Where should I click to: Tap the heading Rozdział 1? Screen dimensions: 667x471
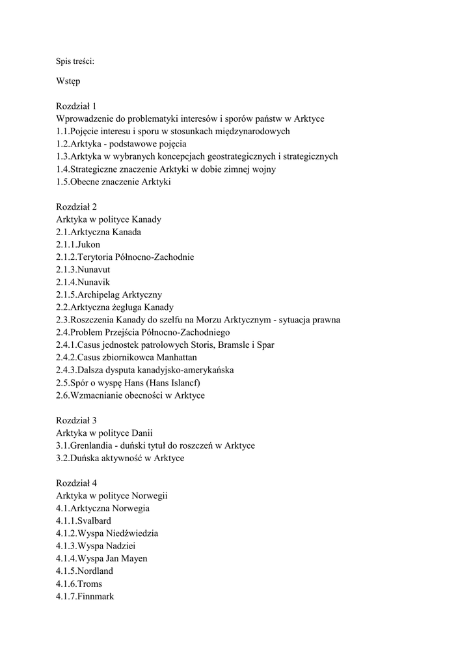point(76,106)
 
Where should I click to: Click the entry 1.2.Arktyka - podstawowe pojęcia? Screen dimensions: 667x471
point(121,144)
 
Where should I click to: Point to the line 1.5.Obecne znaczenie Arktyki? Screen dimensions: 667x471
point(113,182)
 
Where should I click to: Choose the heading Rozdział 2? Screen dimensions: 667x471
point(76,207)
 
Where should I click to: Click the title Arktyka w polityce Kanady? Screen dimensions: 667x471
point(109,220)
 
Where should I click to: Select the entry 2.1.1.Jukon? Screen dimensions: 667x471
point(78,244)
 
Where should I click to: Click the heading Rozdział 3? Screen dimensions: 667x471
point(76,420)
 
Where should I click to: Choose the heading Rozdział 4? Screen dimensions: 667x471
point(76,483)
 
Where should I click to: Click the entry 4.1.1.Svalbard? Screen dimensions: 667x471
point(83,520)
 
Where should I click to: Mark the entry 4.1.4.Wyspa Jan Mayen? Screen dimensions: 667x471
point(101,558)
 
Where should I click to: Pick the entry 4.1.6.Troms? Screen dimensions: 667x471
point(79,584)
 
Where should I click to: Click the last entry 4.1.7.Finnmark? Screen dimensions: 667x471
point(85,596)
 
